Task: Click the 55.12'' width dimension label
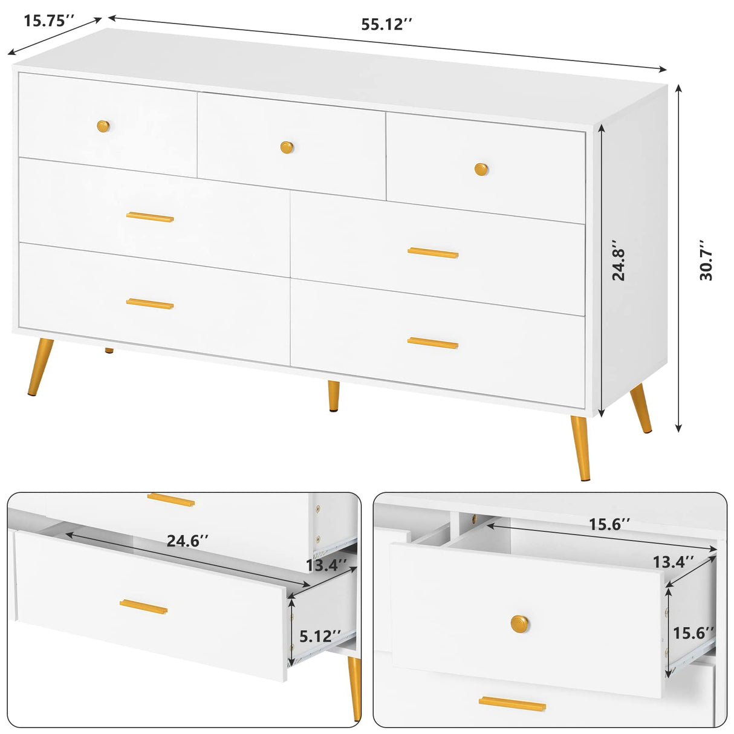pos(386,25)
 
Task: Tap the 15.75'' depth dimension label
pos(48,20)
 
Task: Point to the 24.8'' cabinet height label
pos(619,264)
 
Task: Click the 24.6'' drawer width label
pos(183,541)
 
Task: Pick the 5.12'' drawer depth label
pos(320,635)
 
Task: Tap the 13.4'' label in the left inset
pos(326,565)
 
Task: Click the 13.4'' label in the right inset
pos(673,562)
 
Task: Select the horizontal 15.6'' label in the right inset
pos(610,524)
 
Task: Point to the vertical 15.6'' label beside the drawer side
pos(693,633)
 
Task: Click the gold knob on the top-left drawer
pos(104,126)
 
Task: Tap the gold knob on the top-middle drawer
pos(287,146)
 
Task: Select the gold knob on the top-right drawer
pos(481,169)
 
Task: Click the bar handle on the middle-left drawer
pos(150,217)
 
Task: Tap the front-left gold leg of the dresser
pos(41,367)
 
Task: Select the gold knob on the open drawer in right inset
pos(519,623)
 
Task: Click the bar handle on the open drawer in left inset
pos(143,606)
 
